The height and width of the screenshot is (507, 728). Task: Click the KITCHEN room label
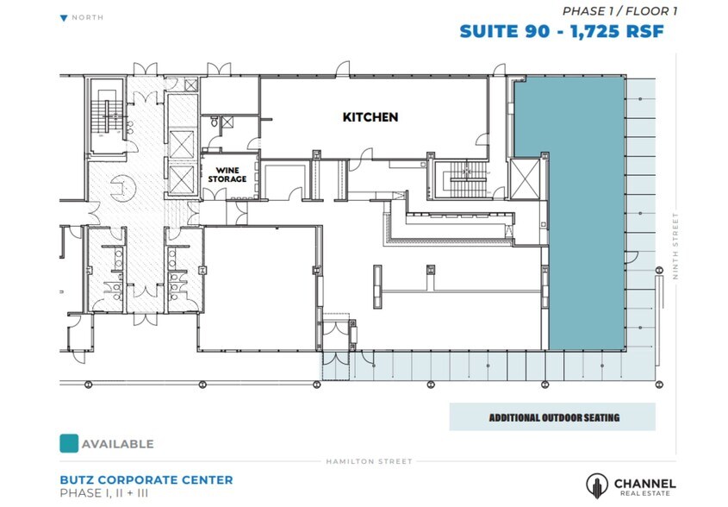pos(370,117)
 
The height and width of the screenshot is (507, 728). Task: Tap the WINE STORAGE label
pos(228,174)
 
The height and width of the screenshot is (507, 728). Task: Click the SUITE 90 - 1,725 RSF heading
pos(561,32)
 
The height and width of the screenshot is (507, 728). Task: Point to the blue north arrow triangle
pos(64,17)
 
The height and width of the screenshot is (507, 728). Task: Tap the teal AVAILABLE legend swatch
pos(68,443)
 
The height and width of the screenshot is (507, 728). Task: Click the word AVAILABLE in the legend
pos(118,444)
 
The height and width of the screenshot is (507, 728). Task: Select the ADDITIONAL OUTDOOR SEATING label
pos(554,418)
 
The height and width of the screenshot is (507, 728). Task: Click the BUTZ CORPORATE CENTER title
pos(146,479)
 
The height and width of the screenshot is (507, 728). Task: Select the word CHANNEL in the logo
pos(644,483)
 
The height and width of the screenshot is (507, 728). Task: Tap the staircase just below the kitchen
pos(462,180)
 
